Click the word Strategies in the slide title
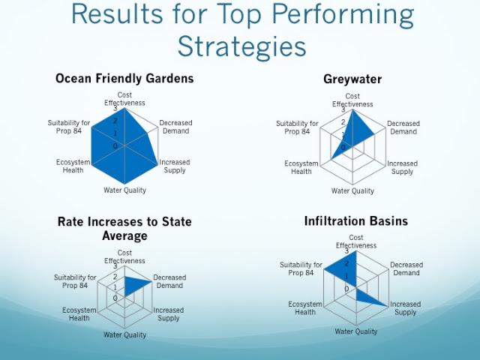pyautogui.click(x=241, y=46)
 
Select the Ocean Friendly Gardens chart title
pyautogui.click(x=124, y=78)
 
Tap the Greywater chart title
pyautogui.click(x=352, y=79)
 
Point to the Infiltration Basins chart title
pyautogui.click(x=356, y=220)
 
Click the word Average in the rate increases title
pyautogui.click(x=124, y=235)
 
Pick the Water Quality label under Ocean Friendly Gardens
pyautogui.click(x=125, y=190)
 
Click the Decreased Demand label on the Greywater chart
pyautogui.click(x=403, y=127)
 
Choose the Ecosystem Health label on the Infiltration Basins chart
pyautogui.click(x=305, y=308)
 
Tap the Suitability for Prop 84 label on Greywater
pyautogui.click(x=297, y=127)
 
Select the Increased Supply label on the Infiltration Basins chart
pyautogui.click(x=405, y=308)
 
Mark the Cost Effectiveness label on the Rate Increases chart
pyautogui.click(x=124, y=256)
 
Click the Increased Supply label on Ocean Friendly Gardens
pyautogui.click(x=175, y=166)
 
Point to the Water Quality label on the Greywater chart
pyautogui.click(x=352, y=191)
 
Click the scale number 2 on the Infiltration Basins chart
pyautogui.click(x=346, y=263)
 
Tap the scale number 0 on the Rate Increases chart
pyautogui.click(x=115, y=298)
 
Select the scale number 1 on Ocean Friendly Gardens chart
pyautogui.click(x=115, y=133)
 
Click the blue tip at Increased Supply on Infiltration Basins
pyautogui.click(x=388, y=306)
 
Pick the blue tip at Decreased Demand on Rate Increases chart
pyautogui.click(x=151, y=282)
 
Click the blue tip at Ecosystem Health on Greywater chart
pyautogui.click(x=331, y=159)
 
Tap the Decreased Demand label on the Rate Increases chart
pyautogui.click(x=169, y=282)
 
